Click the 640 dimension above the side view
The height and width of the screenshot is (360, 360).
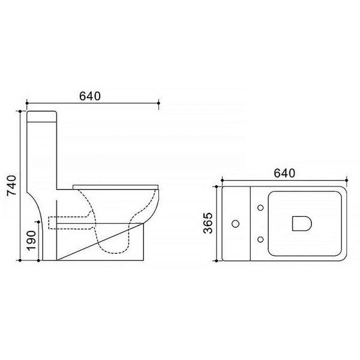[x=90, y=96]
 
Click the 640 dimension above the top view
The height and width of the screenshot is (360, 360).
[x=284, y=173]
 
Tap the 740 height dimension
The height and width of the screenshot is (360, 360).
[x=12, y=185]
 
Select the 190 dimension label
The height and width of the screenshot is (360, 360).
[x=31, y=241]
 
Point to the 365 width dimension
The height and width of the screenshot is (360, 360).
[x=208, y=223]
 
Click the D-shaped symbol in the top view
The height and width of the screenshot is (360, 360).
[x=302, y=223]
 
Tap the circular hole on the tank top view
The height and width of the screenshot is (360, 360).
[x=236, y=224]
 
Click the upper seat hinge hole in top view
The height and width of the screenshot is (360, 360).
[x=260, y=208]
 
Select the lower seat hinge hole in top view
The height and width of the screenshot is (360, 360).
[x=260, y=239]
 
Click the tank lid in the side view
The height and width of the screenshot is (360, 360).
[x=41, y=116]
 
